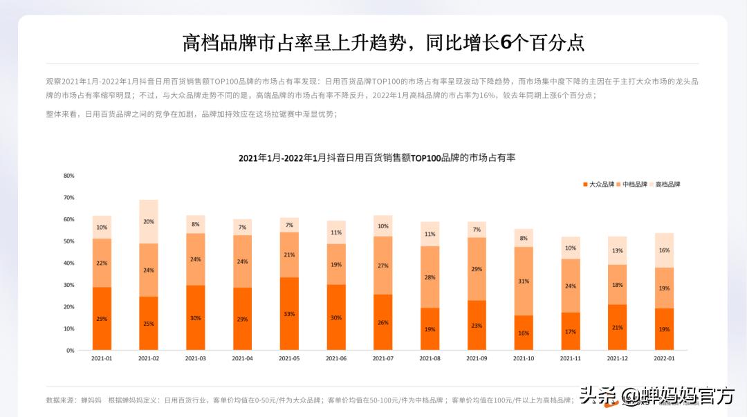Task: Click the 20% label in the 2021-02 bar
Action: coord(149,222)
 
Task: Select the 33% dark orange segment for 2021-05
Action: coord(289,314)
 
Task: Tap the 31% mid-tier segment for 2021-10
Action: coord(524,281)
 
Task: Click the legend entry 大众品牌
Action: coord(598,185)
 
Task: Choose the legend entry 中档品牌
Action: coord(631,185)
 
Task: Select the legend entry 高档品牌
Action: coord(665,185)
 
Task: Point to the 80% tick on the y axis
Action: coord(68,176)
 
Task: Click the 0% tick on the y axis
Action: coord(70,351)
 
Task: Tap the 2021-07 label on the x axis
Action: coord(382,359)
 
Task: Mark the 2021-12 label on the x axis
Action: coord(617,359)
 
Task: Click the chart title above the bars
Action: coord(377,158)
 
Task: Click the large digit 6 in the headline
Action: coord(506,43)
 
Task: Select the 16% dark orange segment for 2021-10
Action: coord(524,333)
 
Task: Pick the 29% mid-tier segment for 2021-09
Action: coord(477,269)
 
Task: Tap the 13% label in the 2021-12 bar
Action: coord(617,250)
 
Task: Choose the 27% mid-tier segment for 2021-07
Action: coord(382,266)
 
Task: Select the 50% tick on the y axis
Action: coord(68,241)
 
